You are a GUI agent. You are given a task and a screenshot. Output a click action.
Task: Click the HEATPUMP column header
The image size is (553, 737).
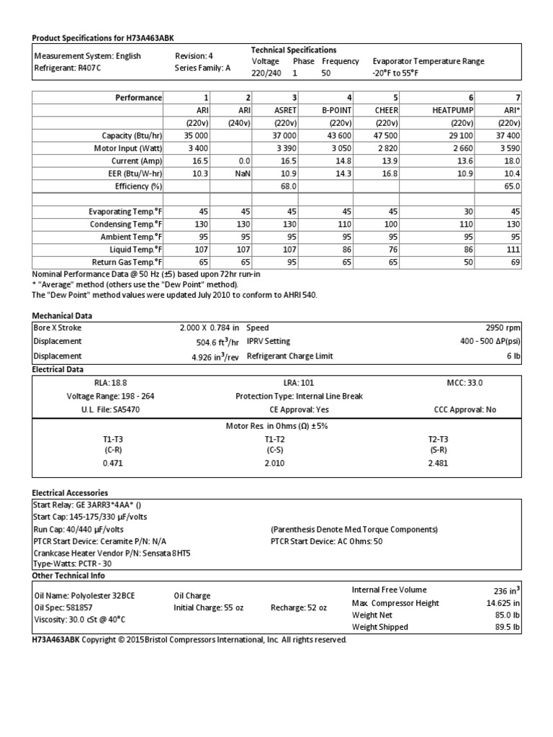pyautogui.click(x=452, y=110)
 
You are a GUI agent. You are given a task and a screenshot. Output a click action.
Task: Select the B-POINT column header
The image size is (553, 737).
pyautogui.click(x=336, y=110)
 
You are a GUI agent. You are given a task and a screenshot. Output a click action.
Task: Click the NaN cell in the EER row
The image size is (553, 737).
pyautogui.click(x=241, y=173)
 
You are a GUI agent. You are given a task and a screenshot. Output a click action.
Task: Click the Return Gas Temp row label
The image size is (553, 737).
pyautogui.click(x=124, y=263)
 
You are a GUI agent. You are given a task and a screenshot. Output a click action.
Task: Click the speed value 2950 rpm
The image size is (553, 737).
pyautogui.click(x=502, y=327)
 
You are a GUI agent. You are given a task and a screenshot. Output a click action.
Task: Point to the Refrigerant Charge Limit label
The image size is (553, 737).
pyautogui.click(x=290, y=356)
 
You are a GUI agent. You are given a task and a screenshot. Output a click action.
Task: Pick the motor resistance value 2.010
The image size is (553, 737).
pyautogui.click(x=276, y=463)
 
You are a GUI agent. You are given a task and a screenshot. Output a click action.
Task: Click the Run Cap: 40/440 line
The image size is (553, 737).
pyautogui.click(x=73, y=529)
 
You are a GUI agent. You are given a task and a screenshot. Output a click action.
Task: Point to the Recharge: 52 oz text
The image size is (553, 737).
pyautogui.click(x=299, y=607)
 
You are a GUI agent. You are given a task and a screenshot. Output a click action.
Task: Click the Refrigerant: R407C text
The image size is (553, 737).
pyautogui.click(x=64, y=68)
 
